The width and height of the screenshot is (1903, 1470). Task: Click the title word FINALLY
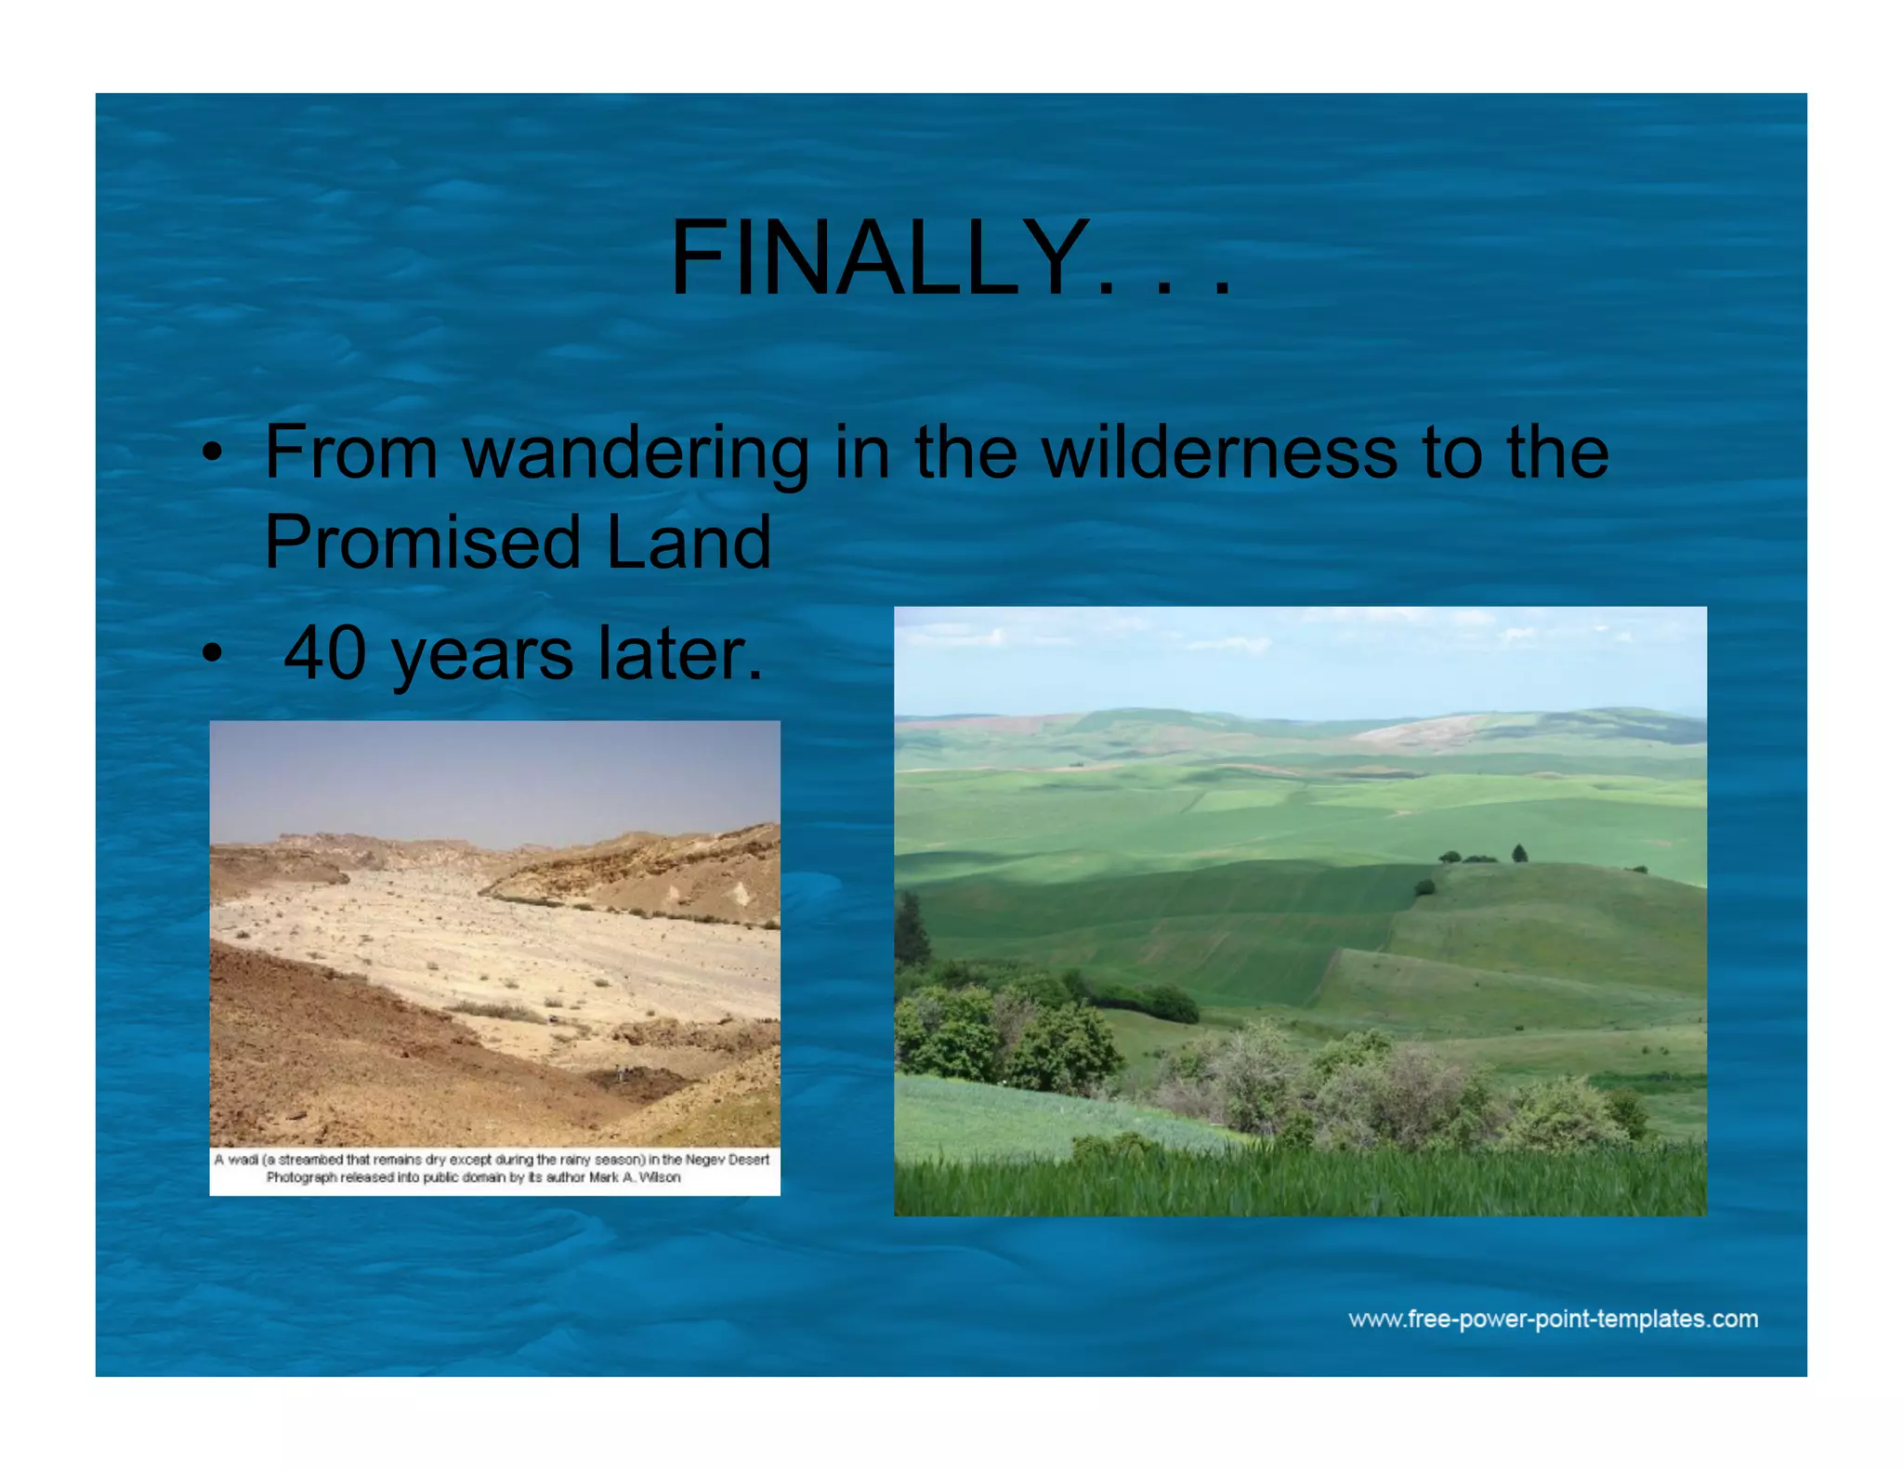coord(881,258)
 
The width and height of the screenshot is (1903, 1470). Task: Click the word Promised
coord(423,543)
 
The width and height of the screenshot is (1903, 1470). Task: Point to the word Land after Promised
coord(689,543)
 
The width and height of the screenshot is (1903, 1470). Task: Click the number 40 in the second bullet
coord(324,654)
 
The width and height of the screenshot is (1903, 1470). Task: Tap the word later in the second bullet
coord(679,654)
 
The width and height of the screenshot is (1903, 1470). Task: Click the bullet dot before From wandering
coord(213,453)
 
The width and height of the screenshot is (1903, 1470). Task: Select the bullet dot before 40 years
coord(213,654)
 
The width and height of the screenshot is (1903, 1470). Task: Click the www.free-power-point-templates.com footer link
coord(1553,1319)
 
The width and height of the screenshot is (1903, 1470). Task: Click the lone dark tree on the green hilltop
coord(1519,852)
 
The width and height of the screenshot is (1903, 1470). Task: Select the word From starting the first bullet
coord(350,453)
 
